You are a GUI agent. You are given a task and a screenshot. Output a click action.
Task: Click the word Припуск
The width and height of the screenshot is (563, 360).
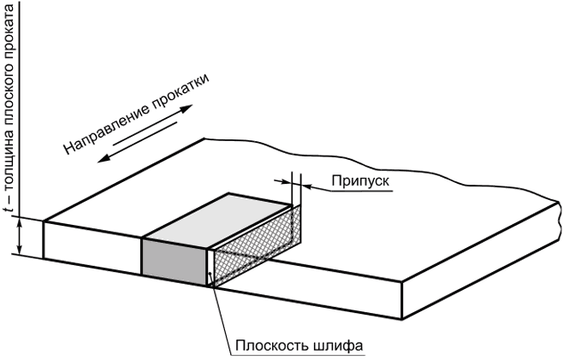coord(359,180)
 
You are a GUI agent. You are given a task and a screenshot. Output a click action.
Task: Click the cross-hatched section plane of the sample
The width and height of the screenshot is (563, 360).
coord(257,246)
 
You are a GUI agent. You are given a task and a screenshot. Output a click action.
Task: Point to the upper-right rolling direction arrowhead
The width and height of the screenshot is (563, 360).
coord(187,109)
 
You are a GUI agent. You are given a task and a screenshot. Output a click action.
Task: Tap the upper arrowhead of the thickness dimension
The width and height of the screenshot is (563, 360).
coord(20,223)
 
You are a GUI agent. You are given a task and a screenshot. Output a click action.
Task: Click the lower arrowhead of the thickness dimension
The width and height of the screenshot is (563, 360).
coord(20,250)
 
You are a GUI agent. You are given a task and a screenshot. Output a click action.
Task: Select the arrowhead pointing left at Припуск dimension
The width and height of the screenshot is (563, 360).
coord(306,186)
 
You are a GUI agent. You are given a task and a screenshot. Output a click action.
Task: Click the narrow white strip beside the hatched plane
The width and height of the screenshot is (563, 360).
coord(210,267)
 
